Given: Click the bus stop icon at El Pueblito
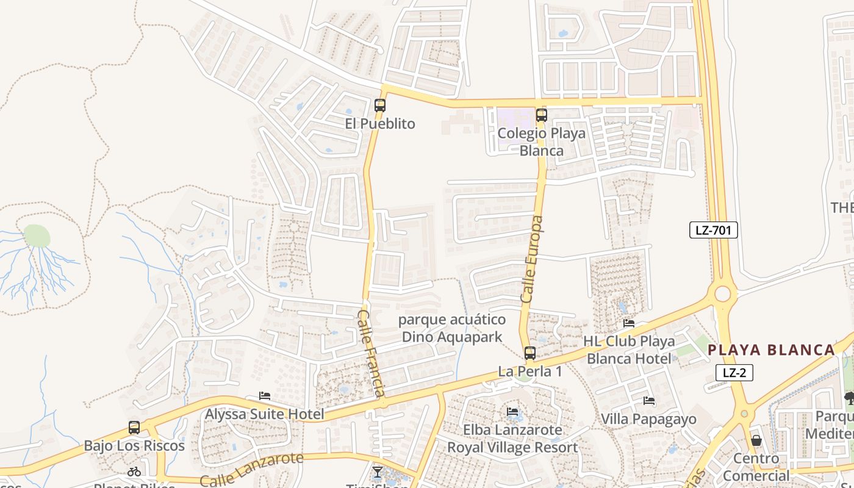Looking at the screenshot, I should (x=379, y=105).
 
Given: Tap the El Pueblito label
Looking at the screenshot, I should (x=379, y=124).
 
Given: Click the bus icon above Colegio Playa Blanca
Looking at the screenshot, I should (x=541, y=114).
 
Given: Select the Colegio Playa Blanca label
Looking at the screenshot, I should (x=541, y=142).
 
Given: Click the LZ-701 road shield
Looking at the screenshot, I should (x=714, y=230).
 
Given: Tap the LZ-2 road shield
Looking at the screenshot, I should (x=734, y=373).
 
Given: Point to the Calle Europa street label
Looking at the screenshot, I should (x=531, y=259).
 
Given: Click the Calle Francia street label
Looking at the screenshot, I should (x=371, y=353).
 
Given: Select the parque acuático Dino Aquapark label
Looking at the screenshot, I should (x=452, y=328).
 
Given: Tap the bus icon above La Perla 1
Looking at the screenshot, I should (x=529, y=353).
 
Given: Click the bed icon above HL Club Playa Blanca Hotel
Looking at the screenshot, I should (x=629, y=323).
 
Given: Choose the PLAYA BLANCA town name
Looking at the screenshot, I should (x=771, y=350).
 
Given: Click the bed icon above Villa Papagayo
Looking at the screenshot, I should (x=649, y=401).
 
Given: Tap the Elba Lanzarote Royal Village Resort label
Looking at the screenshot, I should (x=512, y=438).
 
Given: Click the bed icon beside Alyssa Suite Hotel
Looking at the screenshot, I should (x=265, y=396).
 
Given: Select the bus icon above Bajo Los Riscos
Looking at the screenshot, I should (x=134, y=428).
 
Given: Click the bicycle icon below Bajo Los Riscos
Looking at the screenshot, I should (x=134, y=472).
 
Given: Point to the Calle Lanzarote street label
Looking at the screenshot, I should (x=251, y=469).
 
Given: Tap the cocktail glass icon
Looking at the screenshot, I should (x=378, y=472).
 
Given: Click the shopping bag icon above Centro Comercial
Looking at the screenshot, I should (x=756, y=440).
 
